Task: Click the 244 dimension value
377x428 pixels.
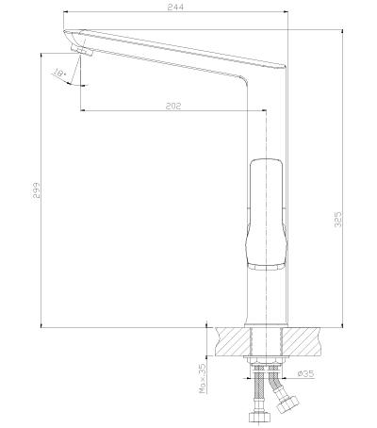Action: (175, 7)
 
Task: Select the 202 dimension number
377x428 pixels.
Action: (173, 106)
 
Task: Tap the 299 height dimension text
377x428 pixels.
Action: (37, 189)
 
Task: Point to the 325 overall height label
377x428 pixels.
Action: (338, 220)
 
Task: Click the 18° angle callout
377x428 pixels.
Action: (59, 74)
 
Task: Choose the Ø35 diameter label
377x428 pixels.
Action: (305, 373)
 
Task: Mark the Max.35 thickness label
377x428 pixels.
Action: (203, 378)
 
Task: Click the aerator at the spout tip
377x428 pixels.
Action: (82, 50)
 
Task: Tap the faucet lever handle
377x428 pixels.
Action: (266, 215)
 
